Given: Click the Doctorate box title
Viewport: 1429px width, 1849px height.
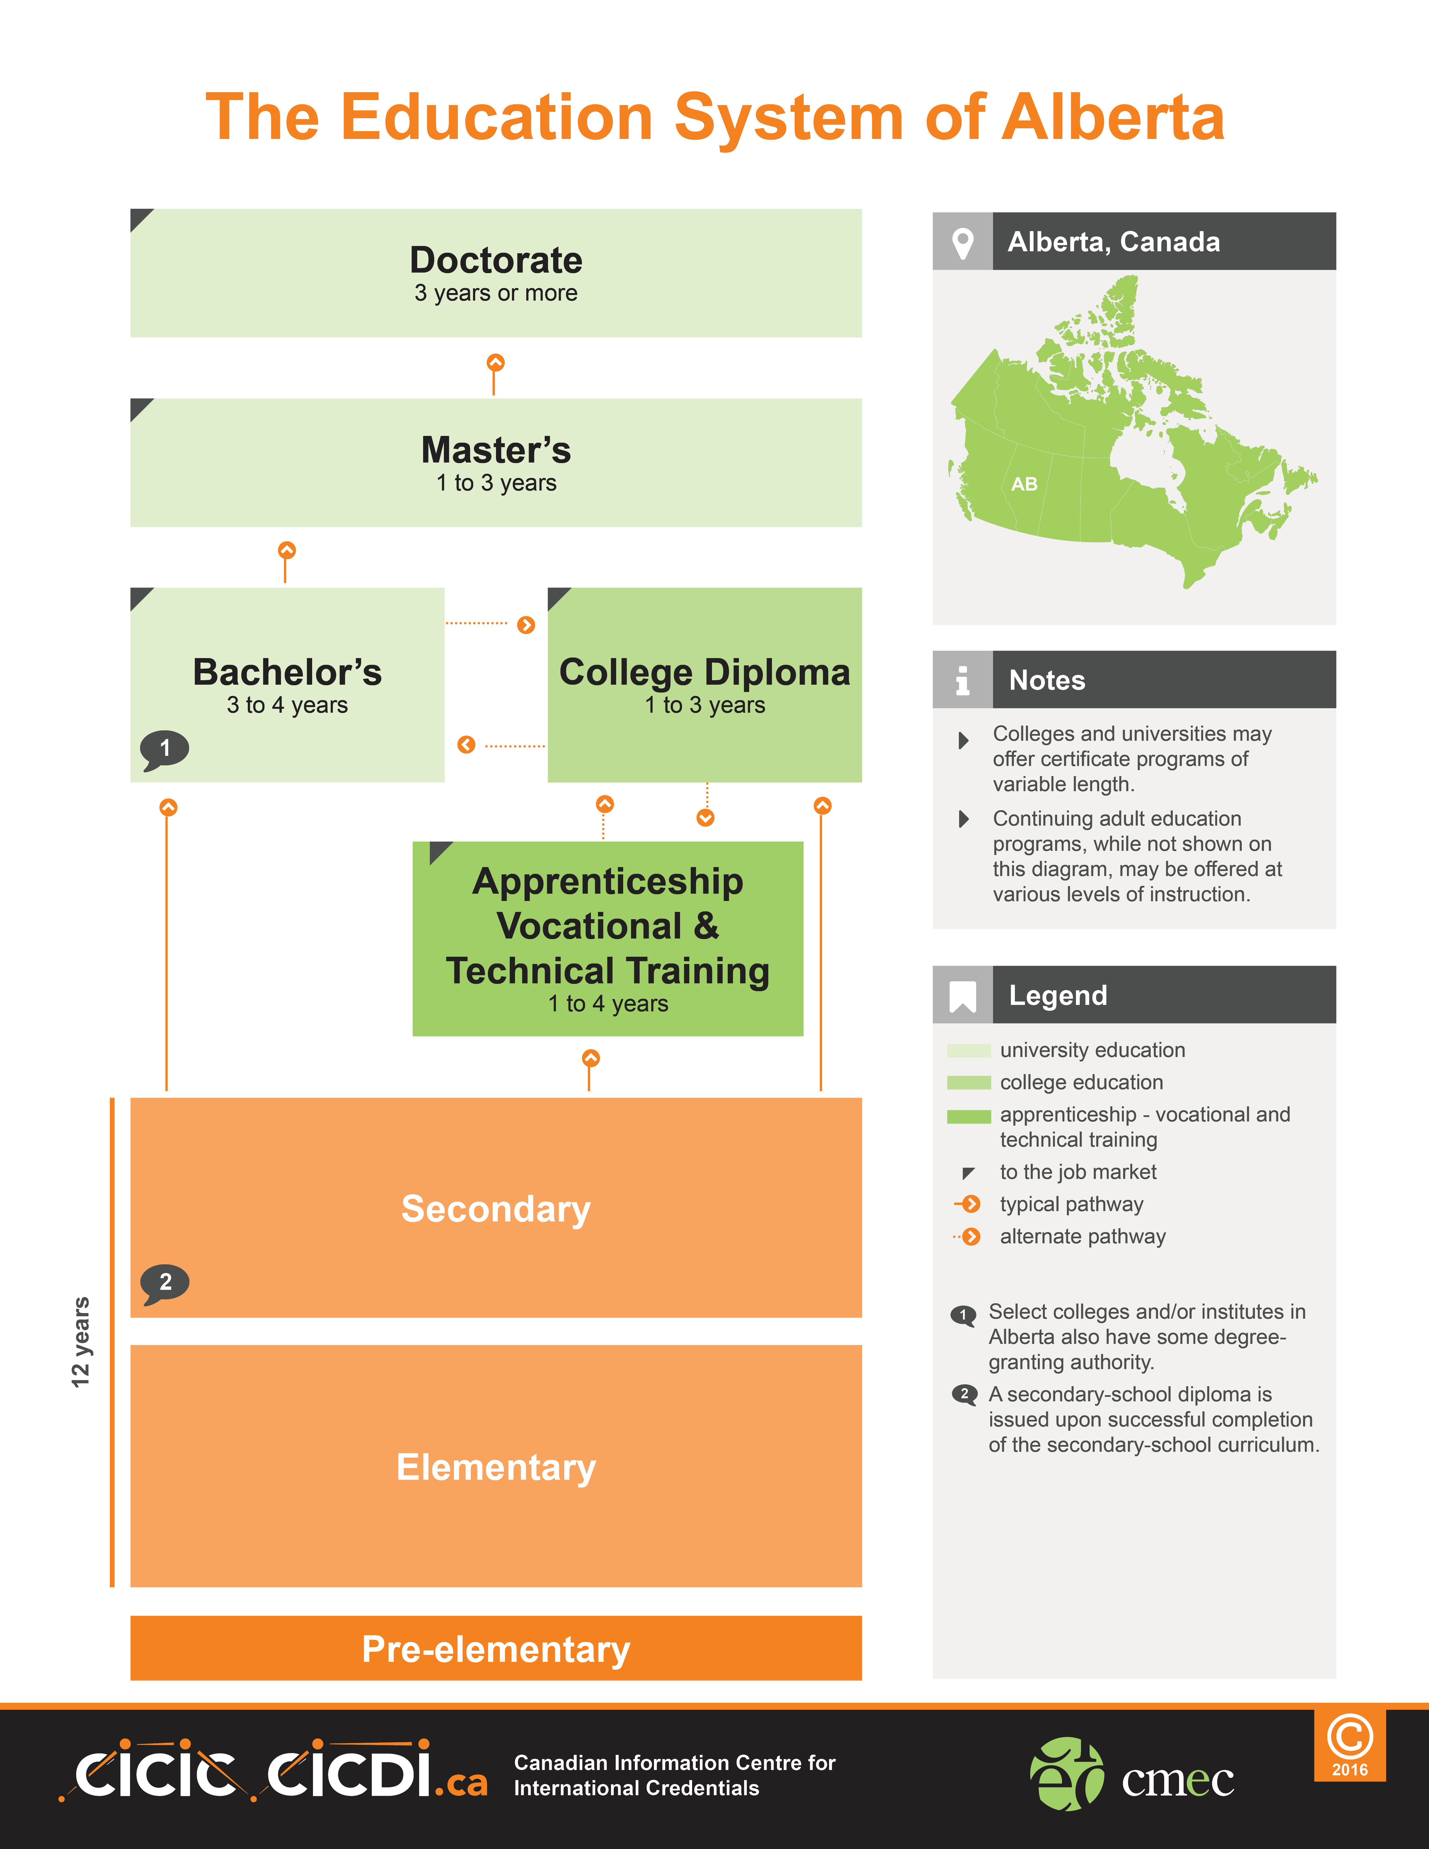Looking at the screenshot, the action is pyautogui.click(x=496, y=260).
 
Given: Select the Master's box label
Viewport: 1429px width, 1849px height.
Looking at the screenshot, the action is pyautogui.click(x=496, y=450).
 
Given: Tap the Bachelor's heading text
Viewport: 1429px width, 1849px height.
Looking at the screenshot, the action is pyautogui.click(x=287, y=672).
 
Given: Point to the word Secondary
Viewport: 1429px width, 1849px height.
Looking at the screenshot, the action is pyautogui.click(x=496, y=1209).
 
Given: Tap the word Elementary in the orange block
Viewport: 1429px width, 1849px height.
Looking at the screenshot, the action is pyautogui.click(x=496, y=1467).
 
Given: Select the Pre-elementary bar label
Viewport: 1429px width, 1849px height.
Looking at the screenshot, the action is pyautogui.click(x=496, y=1649).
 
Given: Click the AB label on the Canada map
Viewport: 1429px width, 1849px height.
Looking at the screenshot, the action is pyautogui.click(x=1024, y=484).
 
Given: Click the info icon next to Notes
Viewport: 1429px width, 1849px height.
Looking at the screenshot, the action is pyautogui.click(x=962, y=680).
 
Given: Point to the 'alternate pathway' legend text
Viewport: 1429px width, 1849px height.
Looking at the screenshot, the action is pyautogui.click(x=1083, y=1237).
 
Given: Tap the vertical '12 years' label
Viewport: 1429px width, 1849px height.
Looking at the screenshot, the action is pyautogui.click(x=80, y=1342).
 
